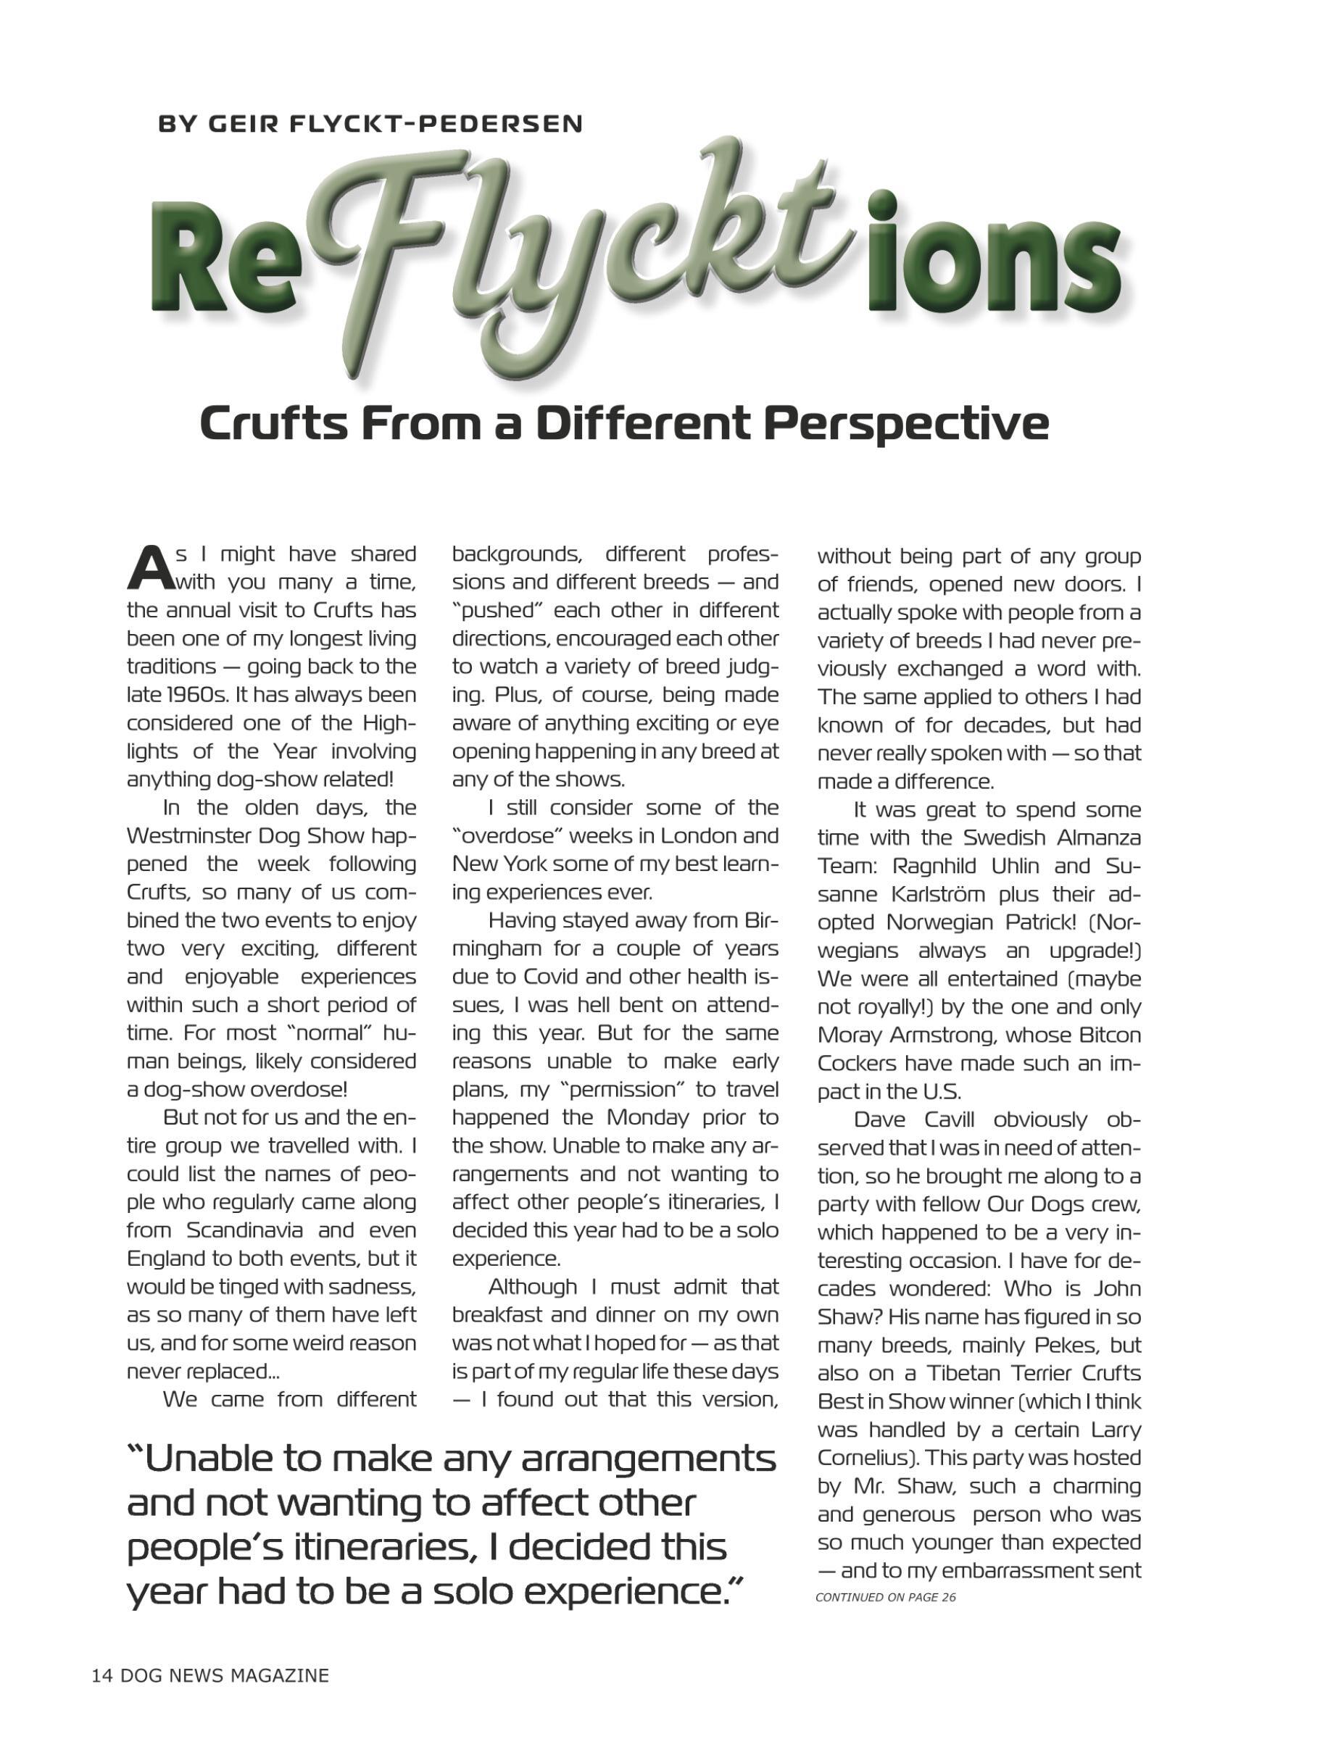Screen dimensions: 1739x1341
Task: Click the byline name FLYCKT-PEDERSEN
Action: tap(436, 124)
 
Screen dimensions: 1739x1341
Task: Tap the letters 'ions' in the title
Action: tap(995, 263)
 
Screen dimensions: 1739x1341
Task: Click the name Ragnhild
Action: tap(936, 866)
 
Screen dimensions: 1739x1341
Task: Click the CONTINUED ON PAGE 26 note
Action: tap(885, 1597)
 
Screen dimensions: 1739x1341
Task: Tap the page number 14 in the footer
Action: tap(102, 1675)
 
